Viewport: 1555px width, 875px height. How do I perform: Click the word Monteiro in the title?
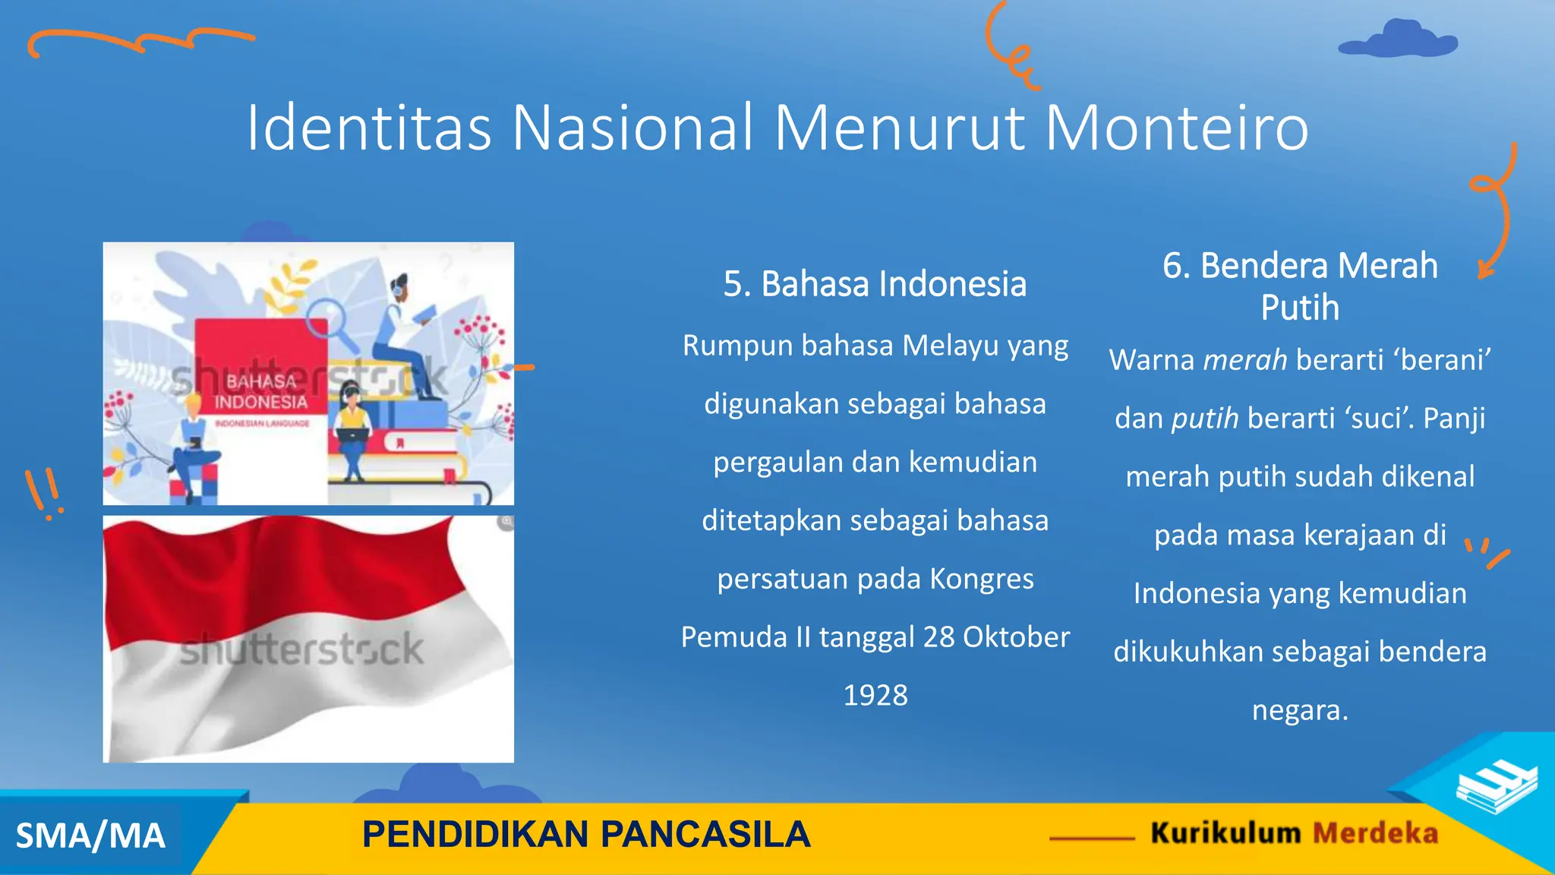(1176, 128)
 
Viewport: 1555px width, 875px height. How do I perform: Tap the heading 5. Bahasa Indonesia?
(875, 284)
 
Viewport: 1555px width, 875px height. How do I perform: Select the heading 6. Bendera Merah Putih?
(1300, 286)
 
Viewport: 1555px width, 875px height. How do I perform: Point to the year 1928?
(875, 695)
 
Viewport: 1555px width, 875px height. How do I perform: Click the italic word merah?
(1245, 360)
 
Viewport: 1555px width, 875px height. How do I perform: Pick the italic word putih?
(1205, 419)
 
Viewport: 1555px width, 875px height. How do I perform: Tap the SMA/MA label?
(90, 836)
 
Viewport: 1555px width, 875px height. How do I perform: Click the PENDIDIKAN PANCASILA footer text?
(586, 834)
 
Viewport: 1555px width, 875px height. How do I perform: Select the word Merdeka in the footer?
(1375, 833)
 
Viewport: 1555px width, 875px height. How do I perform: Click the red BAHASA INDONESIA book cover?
(260, 372)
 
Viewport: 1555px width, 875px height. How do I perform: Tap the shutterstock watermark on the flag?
(301, 649)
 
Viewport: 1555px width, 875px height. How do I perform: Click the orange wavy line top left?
(140, 42)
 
